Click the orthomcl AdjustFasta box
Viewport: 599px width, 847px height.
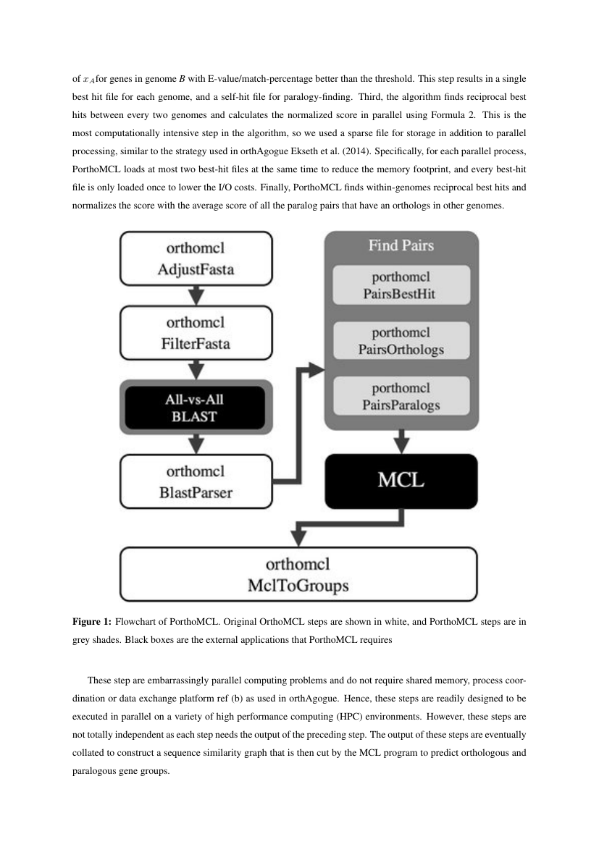196,258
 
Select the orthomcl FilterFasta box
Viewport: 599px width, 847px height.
196,333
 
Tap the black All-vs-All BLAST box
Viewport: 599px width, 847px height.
195,408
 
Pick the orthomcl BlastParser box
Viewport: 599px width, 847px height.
196,481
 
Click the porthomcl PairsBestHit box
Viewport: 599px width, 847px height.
401,285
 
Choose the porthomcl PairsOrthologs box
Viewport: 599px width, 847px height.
401,341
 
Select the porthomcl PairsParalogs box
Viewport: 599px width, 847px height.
401,397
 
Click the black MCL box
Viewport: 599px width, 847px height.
401,481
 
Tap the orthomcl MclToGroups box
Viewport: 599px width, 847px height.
298,574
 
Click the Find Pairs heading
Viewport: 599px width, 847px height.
401,246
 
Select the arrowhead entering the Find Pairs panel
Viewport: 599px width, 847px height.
317,370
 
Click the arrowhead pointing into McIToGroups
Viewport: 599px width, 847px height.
298,539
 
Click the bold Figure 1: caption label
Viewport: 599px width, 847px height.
92,622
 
